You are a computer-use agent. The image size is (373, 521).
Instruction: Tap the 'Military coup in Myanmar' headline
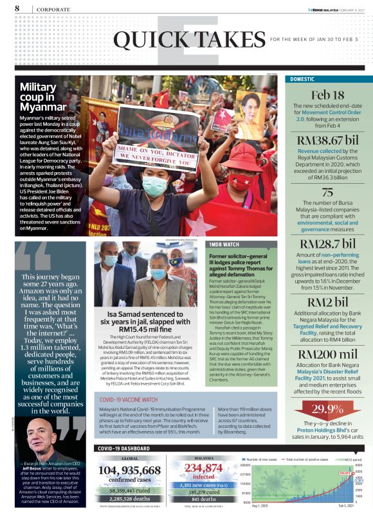coord(43,96)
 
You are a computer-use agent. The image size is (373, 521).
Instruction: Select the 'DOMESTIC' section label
coord(302,79)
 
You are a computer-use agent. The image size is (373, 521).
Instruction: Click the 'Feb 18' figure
coord(328,95)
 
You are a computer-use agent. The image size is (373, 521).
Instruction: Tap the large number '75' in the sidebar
coord(328,192)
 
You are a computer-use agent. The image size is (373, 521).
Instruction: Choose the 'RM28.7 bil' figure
coord(328,243)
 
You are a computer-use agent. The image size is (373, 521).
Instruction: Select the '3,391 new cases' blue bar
coord(203,486)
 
